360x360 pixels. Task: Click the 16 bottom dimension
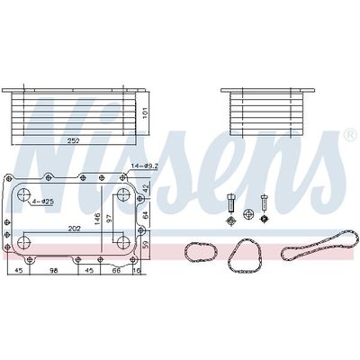tap(138, 268)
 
